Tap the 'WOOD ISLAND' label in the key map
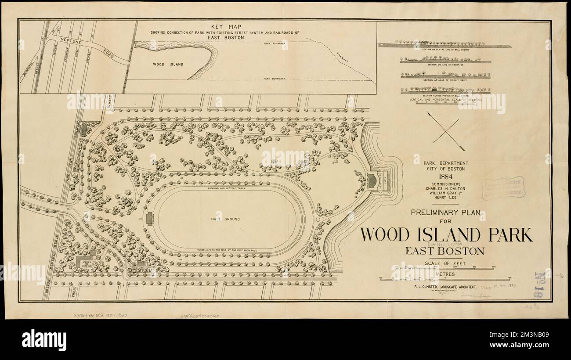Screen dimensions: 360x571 click(x=168, y=64)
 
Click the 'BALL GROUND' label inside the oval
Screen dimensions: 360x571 click(x=228, y=219)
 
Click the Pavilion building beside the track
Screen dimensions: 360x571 click(x=148, y=217)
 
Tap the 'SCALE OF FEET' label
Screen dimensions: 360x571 click(x=445, y=264)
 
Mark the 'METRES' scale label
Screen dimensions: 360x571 click(x=445, y=274)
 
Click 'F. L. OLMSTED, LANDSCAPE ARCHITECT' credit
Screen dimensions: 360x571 click(x=445, y=287)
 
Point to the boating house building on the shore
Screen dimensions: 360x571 click(x=372, y=180)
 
